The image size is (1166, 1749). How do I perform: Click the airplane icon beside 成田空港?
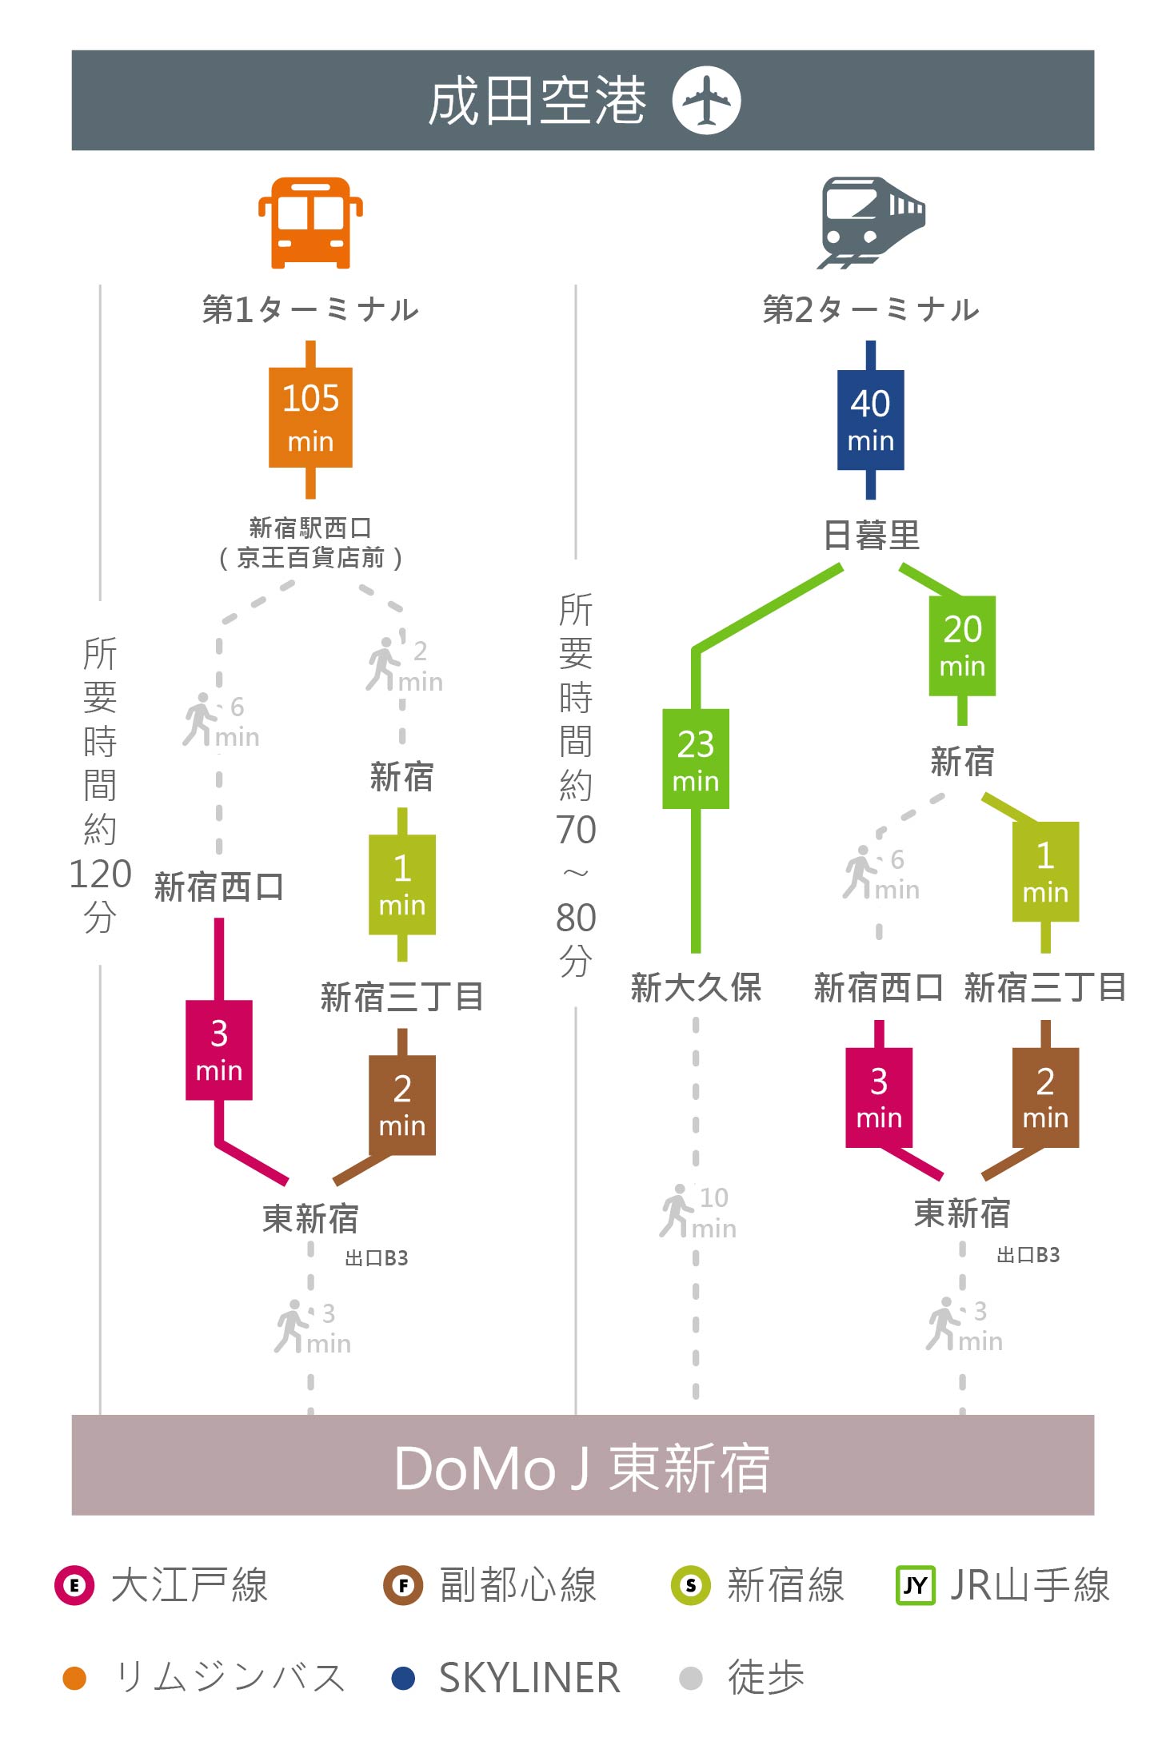[706, 101]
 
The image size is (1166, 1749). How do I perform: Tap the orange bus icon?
[310, 222]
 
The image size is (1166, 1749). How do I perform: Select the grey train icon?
[871, 222]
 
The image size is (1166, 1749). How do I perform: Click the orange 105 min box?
[310, 417]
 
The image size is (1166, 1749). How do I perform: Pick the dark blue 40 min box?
[871, 420]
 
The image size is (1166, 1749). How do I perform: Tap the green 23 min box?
[696, 759]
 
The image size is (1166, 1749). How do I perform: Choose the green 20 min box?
[962, 645]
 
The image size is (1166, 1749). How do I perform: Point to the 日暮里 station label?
[872, 535]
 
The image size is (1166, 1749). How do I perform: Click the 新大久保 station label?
[696, 988]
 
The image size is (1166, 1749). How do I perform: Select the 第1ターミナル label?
[310, 309]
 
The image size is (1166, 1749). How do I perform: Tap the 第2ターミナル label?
[871, 309]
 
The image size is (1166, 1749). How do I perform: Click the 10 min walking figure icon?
[676, 1211]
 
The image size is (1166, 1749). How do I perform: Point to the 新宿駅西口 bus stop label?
[310, 528]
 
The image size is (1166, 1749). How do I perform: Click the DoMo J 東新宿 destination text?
[582, 1468]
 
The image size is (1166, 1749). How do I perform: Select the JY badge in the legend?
[916, 1585]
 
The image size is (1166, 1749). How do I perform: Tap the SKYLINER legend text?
[529, 1678]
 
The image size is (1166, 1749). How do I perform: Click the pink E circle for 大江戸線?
[74, 1585]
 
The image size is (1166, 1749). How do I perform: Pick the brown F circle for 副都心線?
[403, 1585]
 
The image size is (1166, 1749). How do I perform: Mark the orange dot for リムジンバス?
[74, 1678]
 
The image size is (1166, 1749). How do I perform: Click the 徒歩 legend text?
[765, 1677]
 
